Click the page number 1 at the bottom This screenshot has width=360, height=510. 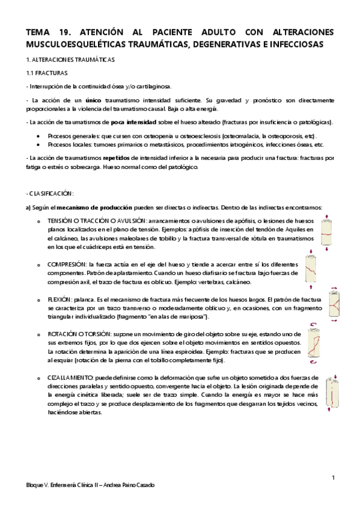coord(333,478)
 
